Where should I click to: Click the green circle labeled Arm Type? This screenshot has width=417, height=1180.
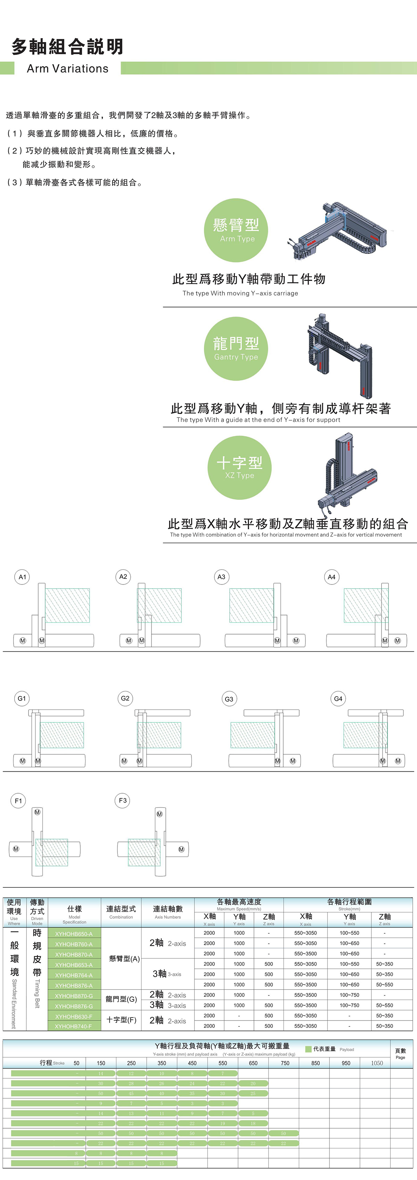(x=236, y=230)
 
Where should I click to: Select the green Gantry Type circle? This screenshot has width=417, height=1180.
(x=236, y=349)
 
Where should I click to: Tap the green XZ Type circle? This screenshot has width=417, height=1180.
(x=239, y=467)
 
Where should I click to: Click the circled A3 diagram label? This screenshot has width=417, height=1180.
(x=221, y=577)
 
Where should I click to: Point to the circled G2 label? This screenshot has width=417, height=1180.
(x=125, y=698)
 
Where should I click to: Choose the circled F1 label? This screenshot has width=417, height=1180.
(x=18, y=801)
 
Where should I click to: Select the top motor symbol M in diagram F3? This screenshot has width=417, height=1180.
(x=160, y=814)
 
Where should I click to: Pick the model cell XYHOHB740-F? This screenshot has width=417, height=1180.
(x=74, y=1026)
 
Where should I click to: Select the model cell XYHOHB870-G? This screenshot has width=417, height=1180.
(x=74, y=996)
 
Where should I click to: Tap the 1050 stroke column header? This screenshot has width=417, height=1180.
(x=377, y=1063)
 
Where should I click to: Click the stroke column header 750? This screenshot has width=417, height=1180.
(x=285, y=1063)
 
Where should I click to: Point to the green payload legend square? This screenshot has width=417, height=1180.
(x=308, y=1049)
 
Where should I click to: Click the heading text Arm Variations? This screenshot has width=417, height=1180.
(x=68, y=69)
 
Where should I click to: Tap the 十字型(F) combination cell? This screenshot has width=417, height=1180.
(x=121, y=1020)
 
